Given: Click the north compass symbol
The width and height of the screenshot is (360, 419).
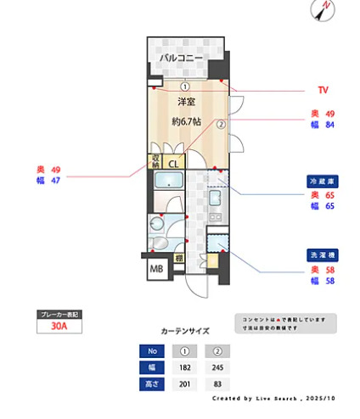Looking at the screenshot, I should coord(325,10).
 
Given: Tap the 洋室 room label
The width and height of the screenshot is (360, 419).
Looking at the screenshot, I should coord(185,102).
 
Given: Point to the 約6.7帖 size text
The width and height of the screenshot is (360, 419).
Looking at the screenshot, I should coord(186,121).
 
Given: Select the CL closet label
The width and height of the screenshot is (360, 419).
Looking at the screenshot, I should coord(173,163).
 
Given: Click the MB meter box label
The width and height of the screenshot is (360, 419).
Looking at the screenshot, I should coord(156,270).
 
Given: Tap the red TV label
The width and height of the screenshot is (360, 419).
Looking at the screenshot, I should coord(323,90).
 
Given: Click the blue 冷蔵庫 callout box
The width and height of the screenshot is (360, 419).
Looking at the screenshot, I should coord(323,181).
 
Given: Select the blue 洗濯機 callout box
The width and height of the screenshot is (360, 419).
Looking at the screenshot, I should coord(323,255).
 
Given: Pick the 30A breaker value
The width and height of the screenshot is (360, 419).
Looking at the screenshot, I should coord(59,325).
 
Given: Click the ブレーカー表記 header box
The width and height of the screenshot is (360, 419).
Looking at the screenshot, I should coord(59,314).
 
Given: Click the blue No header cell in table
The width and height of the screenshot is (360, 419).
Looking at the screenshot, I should coord(153,350).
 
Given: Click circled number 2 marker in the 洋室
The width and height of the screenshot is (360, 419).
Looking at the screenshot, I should coord(219,124).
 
